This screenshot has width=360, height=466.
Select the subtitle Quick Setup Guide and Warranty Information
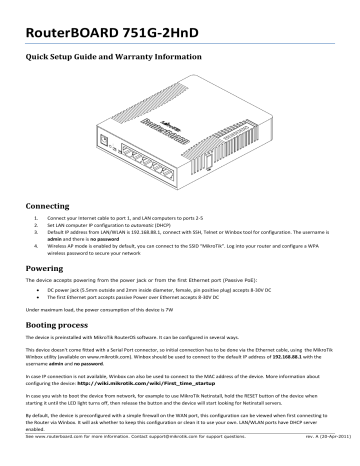tap(131, 59)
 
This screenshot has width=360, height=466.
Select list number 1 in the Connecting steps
tap(37, 216)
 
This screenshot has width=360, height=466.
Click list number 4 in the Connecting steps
tap(37, 240)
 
